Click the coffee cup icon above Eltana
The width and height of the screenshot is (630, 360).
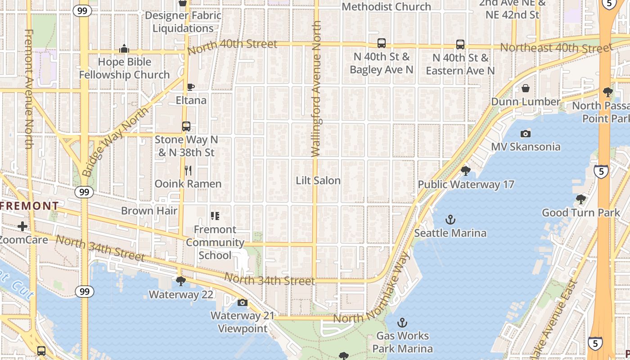click(x=190, y=87)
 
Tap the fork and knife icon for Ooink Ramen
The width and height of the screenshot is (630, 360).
click(x=188, y=171)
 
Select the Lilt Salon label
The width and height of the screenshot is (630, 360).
click(x=318, y=180)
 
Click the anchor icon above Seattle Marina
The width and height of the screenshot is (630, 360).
click(x=450, y=220)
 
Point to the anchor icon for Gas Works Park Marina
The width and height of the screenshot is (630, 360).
click(x=402, y=323)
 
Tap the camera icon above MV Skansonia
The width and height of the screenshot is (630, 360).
click(x=525, y=134)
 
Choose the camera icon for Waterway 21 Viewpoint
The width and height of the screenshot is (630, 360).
click(x=243, y=302)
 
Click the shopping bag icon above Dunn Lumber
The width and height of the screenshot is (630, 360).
click(x=525, y=88)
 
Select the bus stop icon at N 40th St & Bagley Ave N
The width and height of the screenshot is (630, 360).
click(x=381, y=43)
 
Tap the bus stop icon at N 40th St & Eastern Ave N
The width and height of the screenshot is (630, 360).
click(x=460, y=45)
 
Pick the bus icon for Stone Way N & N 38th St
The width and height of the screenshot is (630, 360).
click(x=186, y=126)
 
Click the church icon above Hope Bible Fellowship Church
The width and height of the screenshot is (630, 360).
click(x=124, y=49)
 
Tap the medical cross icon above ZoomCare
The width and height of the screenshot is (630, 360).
click(x=22, y=226)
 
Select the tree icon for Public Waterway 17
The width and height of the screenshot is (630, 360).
click(x=466, y=171)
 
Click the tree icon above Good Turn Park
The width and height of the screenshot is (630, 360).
click(x=580, y=199)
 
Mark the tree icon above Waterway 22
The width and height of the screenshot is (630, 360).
click(x=180, y=281)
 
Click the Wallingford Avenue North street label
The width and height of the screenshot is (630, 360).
click(x=316, y=89)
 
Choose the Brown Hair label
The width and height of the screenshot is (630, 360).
click(x=149, y=211)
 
